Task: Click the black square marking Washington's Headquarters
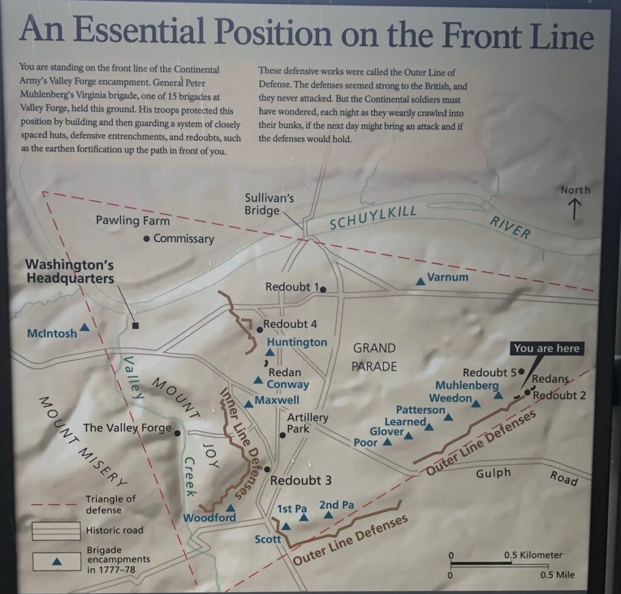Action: click(135, 325)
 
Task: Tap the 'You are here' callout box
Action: click(546, 348)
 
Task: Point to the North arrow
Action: click(574, 209)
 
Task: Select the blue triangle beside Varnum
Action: click(420, 281)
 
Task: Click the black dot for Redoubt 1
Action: click(324, 289)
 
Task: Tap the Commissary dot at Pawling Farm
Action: click(147, 239)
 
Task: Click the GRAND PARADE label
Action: click(374, 357)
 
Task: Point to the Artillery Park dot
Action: click(282, 435)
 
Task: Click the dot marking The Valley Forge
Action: click(176, 433)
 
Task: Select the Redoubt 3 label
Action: click(301, 481)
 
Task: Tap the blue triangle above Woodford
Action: click(230, 508)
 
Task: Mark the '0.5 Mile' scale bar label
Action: click(557, 575)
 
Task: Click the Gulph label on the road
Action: click(494, 473)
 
